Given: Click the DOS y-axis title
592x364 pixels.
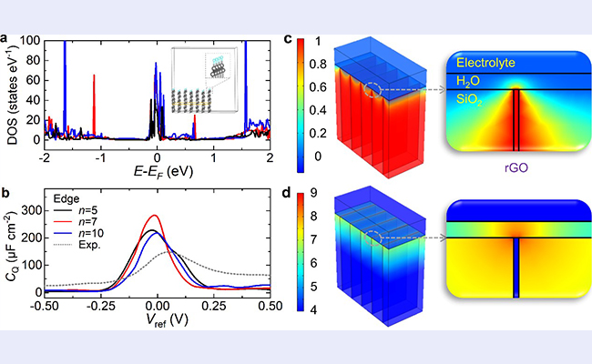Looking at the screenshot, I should [14, 93].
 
